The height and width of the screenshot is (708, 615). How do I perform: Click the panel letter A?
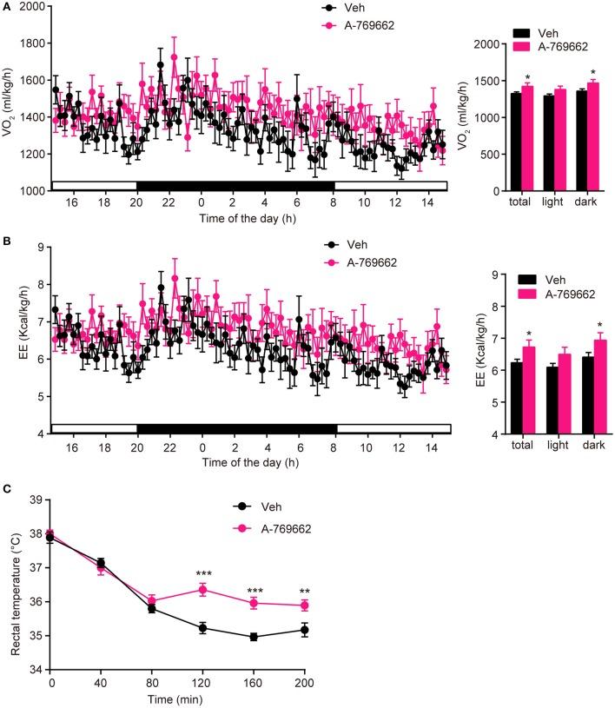click(x=7, y=6)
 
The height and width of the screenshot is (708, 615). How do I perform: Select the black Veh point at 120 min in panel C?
click(x=203, y=627)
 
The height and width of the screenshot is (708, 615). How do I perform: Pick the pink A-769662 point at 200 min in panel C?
click(x=354, y=605)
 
